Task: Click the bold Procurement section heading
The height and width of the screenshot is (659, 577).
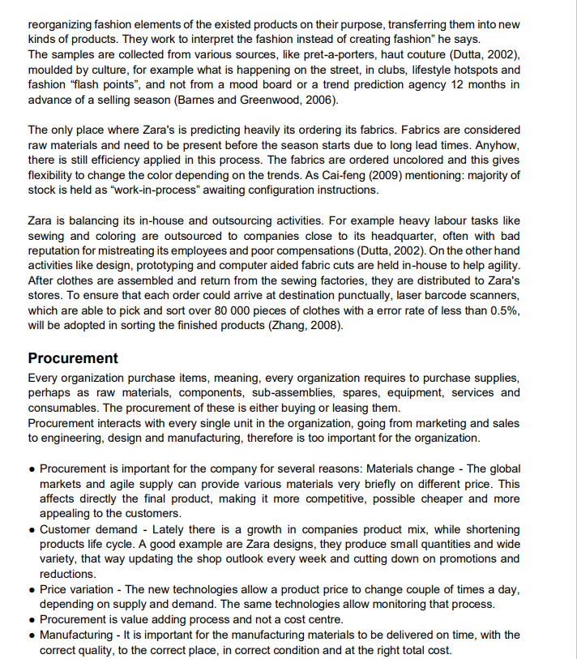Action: (73, 358)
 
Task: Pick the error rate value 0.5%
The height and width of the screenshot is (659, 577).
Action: (500, 311)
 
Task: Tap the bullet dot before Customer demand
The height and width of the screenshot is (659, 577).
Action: (32, 530)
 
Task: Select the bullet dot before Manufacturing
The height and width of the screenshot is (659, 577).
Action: (32, 635)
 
